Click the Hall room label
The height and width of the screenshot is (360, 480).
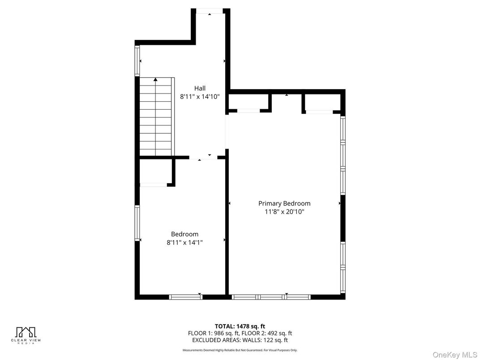point(200,89)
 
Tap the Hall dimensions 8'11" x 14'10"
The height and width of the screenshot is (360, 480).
point(200,97)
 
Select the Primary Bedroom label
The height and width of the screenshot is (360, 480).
point(284,204)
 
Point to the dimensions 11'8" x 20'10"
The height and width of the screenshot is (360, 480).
point(284,211)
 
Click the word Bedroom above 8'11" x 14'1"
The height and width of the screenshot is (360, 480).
point(184,234)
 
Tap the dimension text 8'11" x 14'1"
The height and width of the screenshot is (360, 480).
point(184,242)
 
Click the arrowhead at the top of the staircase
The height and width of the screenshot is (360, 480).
point(155,80)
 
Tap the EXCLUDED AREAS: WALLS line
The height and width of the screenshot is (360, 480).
point(240,340)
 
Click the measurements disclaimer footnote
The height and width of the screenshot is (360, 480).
point(240,350)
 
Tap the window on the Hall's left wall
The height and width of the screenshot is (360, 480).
point(137,60)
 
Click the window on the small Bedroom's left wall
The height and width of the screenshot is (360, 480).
point(137,223)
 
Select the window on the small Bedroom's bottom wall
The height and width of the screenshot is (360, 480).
point(186,297)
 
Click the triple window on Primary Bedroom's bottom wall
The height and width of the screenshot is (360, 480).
point(271,297)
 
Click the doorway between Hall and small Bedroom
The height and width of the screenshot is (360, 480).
point(203,158)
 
